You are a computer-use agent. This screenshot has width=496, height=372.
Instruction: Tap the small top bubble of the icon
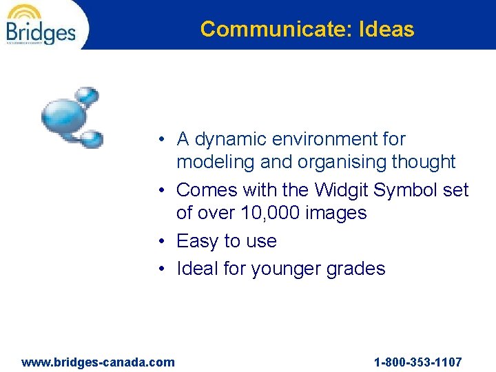tap(87, 95)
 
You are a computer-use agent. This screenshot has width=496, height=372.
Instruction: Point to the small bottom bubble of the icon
tap(90, 138)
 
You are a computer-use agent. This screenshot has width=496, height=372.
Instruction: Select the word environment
tap(322, 139)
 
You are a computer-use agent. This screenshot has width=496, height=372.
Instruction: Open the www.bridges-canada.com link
tap(99, 362)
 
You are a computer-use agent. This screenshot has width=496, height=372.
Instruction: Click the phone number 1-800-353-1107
tap(417, 362)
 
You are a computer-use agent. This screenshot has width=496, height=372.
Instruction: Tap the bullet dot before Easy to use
tap(159, 241)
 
